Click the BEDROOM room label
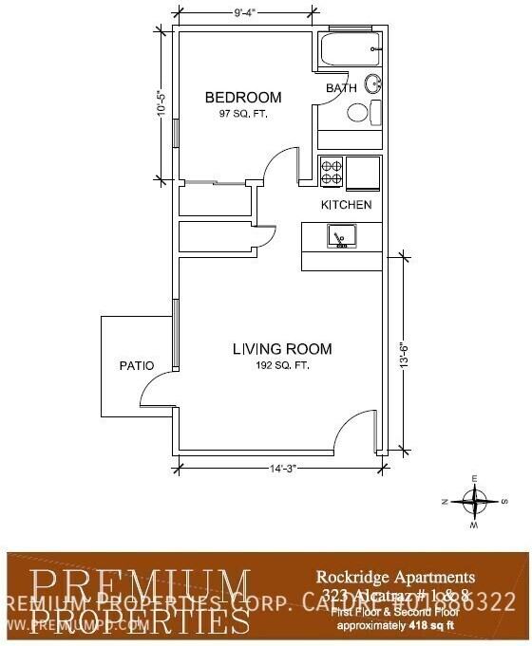(243, 98)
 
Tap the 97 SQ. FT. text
(243, 114)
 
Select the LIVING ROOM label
(282, 349)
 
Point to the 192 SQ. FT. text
(282, 365)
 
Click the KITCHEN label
(346, 205)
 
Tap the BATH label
(341, 88)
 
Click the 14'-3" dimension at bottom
(281, 467)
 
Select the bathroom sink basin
(373, 83)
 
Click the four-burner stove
(332, 170)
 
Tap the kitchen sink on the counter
(339, 234)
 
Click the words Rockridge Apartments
(394, 576)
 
